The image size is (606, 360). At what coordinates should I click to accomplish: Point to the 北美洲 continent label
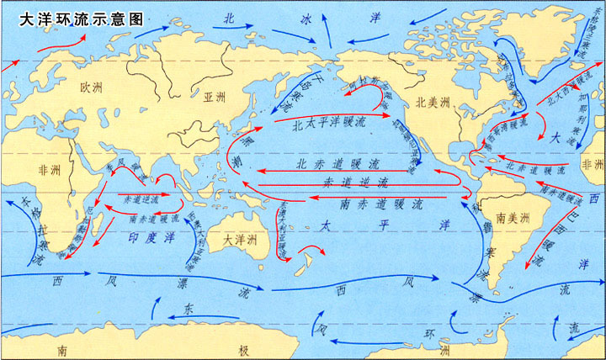click(433, 102)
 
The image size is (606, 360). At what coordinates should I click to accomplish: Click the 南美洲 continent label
click(512, 217)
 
